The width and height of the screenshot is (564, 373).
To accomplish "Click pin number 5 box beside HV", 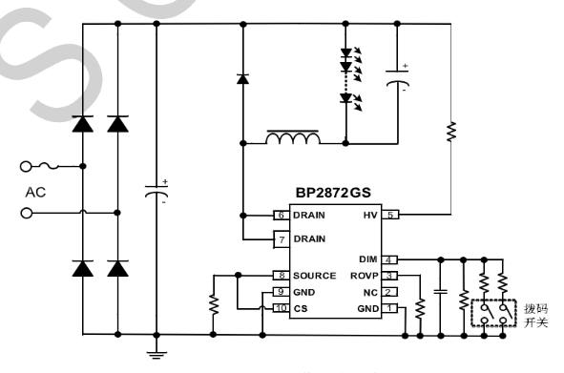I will tap(390, 216).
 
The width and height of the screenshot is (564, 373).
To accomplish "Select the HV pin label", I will tap(370, 216).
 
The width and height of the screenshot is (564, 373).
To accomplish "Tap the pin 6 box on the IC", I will tap(281, 216).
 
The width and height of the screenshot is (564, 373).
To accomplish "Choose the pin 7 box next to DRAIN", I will tap(281, 238).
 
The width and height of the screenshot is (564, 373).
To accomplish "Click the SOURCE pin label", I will tap(314, 275).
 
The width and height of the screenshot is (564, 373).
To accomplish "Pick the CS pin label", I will tap(301, 307).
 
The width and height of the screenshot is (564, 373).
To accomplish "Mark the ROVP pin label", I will tap(366, 275).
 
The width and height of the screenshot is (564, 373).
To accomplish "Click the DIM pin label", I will tap(368, 259).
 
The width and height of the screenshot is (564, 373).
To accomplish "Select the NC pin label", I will tap(372, 291).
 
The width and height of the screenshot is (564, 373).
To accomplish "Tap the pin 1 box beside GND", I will tap(390, 307).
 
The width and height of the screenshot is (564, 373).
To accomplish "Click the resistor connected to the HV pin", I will tap(448, 131).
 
